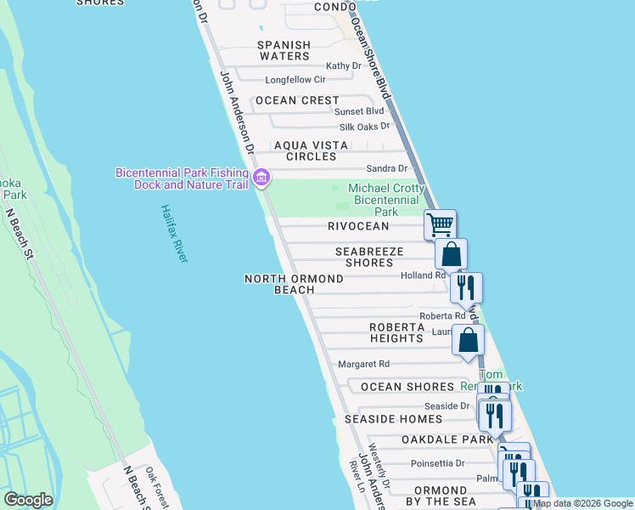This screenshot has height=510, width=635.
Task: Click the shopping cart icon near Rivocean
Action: pos(440,225)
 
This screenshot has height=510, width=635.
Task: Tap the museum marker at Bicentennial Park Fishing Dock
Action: pos(262,178)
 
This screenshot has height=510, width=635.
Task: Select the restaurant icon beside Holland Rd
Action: pos(466,287)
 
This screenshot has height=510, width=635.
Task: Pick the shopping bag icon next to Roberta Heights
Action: pos(469,340)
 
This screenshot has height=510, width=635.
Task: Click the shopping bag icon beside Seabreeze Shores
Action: pos(452,253)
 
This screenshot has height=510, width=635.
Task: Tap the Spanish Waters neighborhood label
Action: pos(284,50)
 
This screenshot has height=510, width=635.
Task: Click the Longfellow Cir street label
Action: pos(295,80)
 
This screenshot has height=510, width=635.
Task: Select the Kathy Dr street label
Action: pos(344,65)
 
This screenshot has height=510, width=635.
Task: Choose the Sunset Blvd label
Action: pos(359,111)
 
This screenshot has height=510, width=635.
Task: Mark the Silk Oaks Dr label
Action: pos(362,126)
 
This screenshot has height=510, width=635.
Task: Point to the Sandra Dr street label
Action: pos(386,168)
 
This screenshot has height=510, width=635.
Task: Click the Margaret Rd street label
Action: pos(363,364)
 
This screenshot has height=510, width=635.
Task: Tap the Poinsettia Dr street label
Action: pos(437,463)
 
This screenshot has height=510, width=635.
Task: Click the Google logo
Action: pos(28,499)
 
